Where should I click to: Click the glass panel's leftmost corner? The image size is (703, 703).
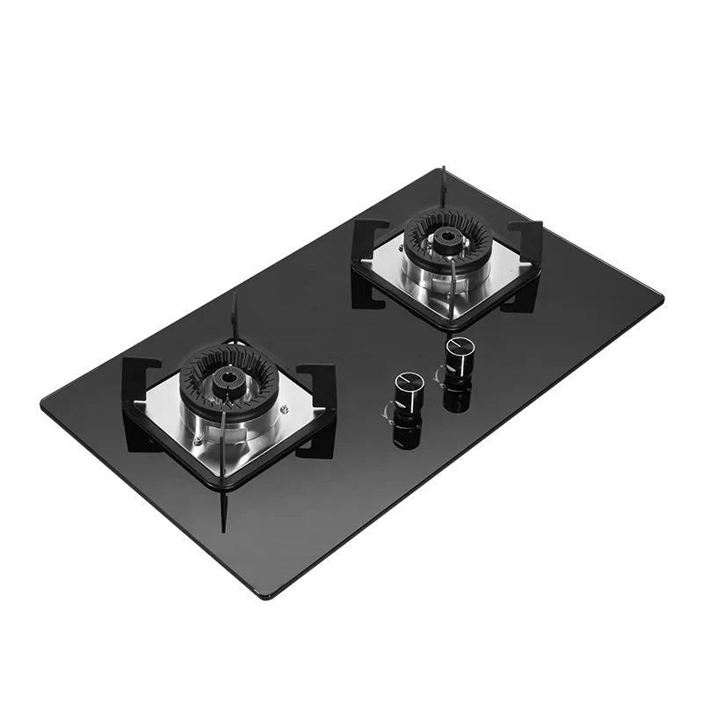(39, 406)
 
